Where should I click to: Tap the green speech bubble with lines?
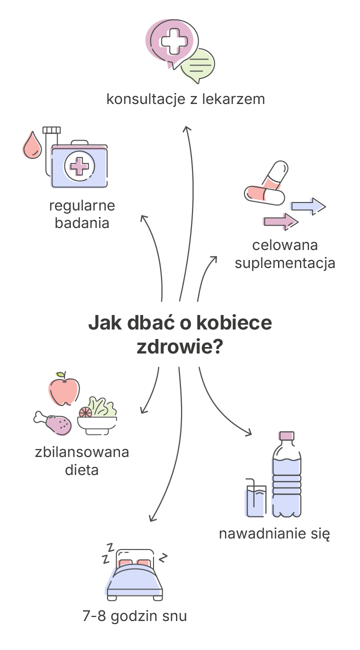click(198, 66)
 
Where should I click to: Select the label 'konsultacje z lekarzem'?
click(185, 99)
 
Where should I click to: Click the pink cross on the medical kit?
click(79, 166)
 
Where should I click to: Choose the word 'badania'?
click(82, 223)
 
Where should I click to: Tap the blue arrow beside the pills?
click(308, 206)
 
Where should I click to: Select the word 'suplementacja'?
click(285, 263)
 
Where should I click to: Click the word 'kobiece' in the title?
click(234, 322)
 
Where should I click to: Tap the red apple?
click(64, 388)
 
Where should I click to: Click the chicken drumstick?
click(53, 423)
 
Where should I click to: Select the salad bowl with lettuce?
click(97, 416)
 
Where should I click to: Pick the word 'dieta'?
click(82, 470)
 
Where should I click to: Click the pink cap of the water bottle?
click(286, 435)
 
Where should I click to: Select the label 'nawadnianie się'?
click(274, 533)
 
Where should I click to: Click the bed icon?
click(135, 575)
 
